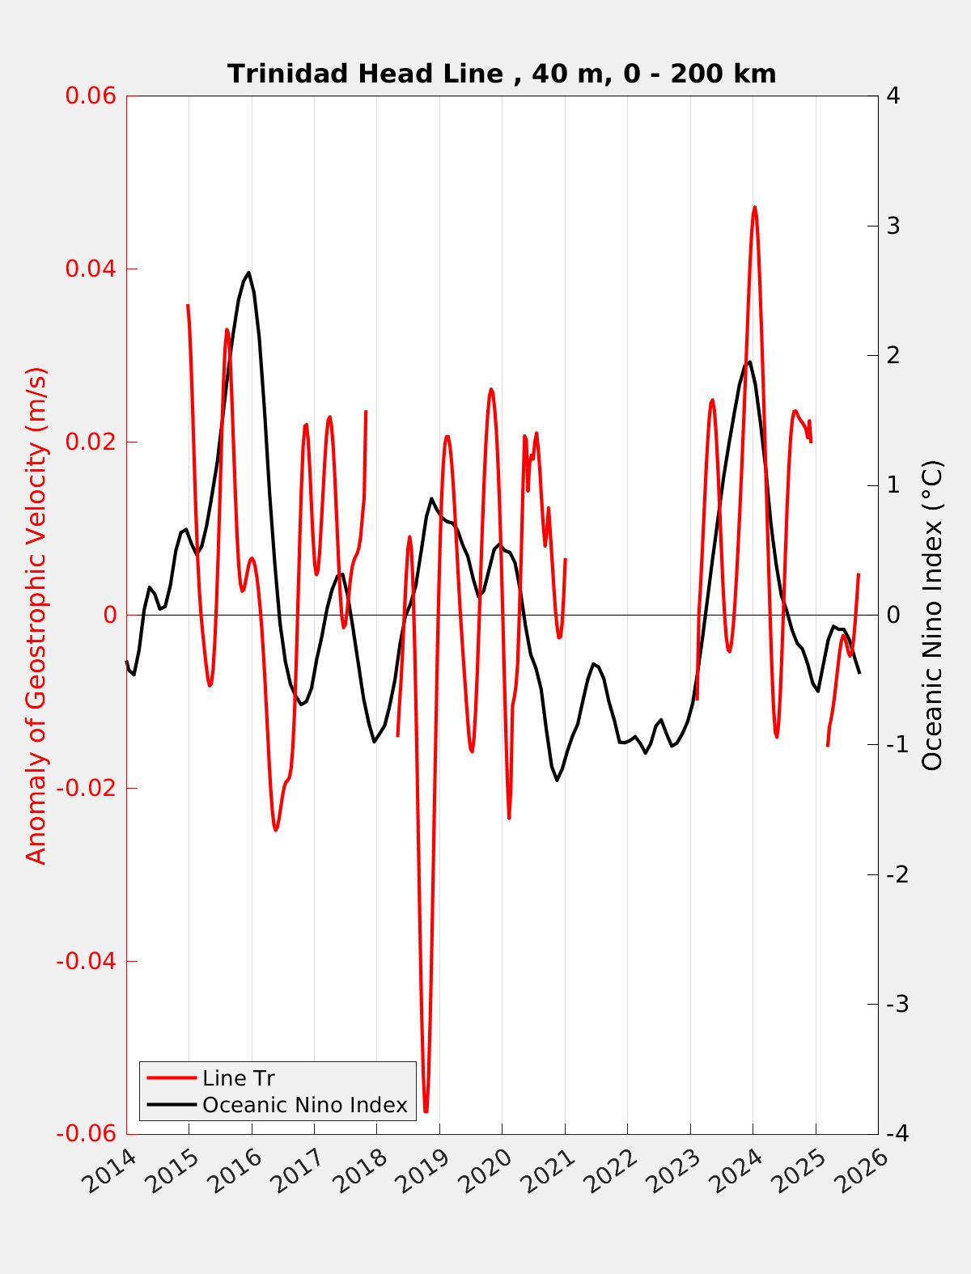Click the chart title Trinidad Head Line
[502, 74]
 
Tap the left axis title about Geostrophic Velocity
[37, 615]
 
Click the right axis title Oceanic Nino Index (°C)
[932, 615]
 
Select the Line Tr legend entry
[239, 1078]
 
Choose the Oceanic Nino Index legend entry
[304, 1105]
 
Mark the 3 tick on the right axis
[893, 226]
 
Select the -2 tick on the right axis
[895, 875]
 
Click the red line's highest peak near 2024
[754, 207]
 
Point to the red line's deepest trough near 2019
[426, 1111]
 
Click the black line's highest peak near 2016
[248, 273]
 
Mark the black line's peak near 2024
[750, 362]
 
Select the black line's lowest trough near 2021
[557, 780]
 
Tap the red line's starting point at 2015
[188, 305]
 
